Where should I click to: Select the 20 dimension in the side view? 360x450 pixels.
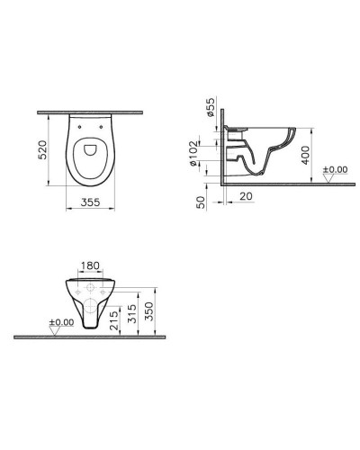click(x=244, y=195)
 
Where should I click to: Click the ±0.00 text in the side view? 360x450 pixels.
click(x=336, y=168)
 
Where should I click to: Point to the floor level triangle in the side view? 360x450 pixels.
click(x=327, y=177)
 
